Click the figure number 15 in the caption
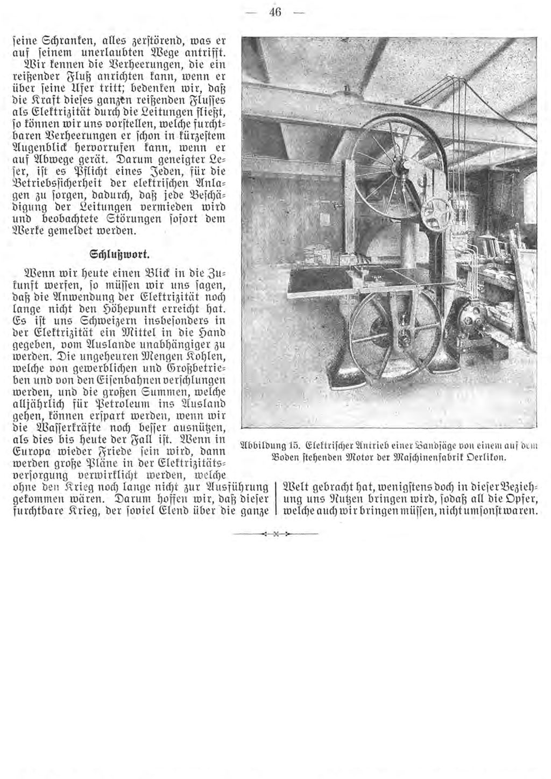293,445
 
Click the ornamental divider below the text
275,534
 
